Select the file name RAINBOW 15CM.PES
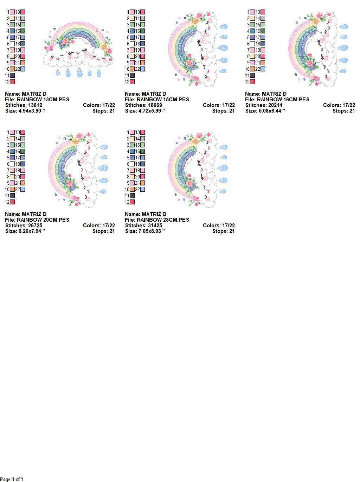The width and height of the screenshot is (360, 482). [x=163, y=100]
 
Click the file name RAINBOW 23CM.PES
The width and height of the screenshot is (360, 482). [x=163, y=220]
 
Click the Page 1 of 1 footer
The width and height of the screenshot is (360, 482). [x=12, y=479]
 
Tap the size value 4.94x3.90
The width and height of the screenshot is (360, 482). [x=32, y=111]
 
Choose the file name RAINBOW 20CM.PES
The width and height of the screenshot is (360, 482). [x=43, y=220]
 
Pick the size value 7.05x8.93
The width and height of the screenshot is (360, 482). [x=152, y=231]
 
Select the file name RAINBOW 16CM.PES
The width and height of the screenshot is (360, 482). [x=283, y=100]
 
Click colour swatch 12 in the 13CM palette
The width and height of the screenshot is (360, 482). [x=12, y=82]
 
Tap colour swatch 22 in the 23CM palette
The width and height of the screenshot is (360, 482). [x=142, y=189]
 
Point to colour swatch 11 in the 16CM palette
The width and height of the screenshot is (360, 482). [x=252, y=75]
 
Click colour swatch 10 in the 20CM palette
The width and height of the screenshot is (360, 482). [x=12, y=189]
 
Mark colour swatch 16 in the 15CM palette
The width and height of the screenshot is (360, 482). [x=142, y=31]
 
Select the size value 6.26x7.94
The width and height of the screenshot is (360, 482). [x=32, y=231]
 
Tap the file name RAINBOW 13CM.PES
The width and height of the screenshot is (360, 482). [x=43, y=100]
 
